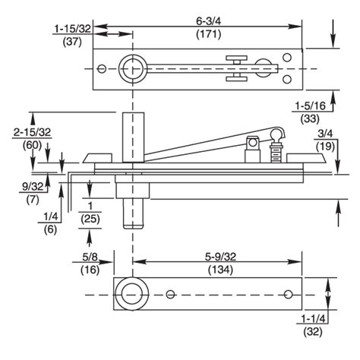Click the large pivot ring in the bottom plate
pyautogui.click(x=133, y=294)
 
